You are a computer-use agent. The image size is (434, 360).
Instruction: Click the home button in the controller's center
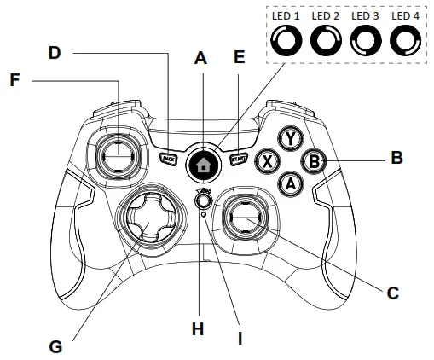202,162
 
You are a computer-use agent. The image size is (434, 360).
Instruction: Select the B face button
313,160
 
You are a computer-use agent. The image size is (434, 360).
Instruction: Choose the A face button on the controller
290,181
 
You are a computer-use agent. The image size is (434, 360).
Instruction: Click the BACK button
169,158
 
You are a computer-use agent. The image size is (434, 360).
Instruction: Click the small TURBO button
203,201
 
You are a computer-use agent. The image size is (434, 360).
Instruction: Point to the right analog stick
242,220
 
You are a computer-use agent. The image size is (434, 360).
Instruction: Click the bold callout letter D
55,52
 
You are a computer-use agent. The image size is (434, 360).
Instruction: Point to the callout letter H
198,328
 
